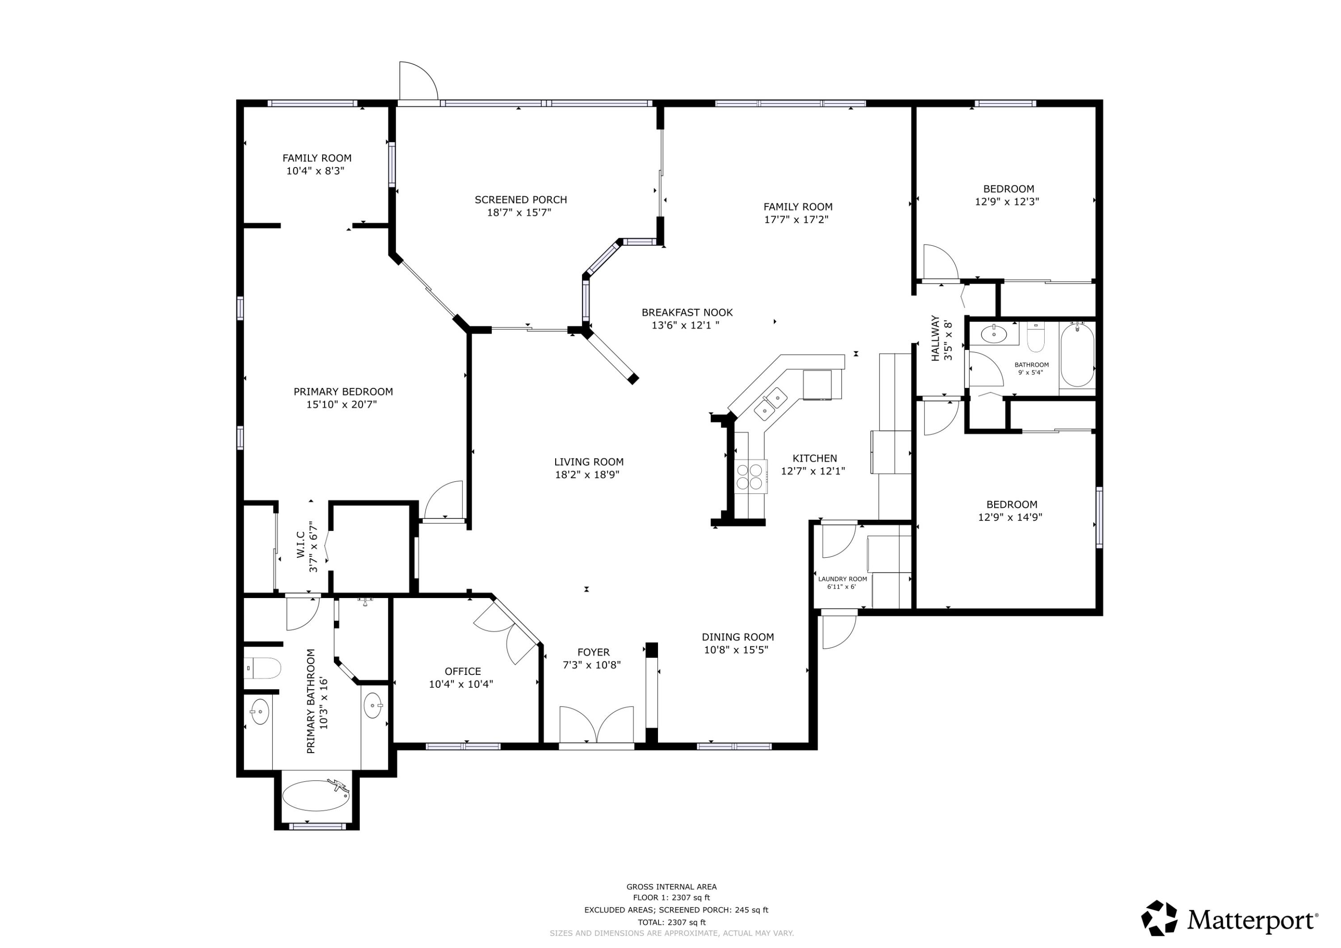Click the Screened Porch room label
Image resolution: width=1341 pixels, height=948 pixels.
coord(520,200)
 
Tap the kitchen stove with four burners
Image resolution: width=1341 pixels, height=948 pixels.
coord(751,476)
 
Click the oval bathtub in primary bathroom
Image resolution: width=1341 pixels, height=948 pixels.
coord(316,796)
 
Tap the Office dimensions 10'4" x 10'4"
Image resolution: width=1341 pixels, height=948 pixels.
coord(461,684)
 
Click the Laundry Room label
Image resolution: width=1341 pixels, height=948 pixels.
coord(842,579)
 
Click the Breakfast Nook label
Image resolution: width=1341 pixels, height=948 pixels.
coord(687,312)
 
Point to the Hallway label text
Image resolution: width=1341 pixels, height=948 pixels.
coord(935,338)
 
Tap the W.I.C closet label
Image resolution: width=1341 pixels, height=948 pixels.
coord(300,544)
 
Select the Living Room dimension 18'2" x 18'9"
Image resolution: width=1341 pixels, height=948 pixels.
coord(587,475)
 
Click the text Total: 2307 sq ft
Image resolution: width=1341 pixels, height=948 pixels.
coord(672,922)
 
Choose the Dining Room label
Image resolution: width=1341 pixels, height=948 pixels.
coord(738,637)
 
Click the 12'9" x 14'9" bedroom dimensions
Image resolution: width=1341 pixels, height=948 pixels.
coord(1010,517)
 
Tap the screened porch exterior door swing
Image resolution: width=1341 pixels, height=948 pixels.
coord(417,82)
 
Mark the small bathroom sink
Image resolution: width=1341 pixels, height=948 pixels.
coord(994,334)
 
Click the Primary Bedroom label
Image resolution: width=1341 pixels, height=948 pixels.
coord(343,392)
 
